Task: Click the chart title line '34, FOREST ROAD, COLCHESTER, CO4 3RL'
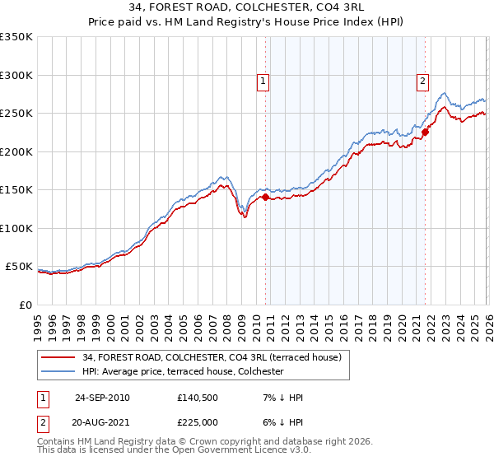tap(247, 7)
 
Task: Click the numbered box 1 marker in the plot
tap(262, 81)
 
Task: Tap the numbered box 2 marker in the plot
tap(422, 81)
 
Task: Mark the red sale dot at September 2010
tap(265, 198)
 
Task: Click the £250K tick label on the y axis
tap(16, 114)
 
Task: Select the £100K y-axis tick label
tap(16, 229)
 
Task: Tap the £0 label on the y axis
tap(25, 305)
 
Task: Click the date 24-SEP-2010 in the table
tap(102, 398)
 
